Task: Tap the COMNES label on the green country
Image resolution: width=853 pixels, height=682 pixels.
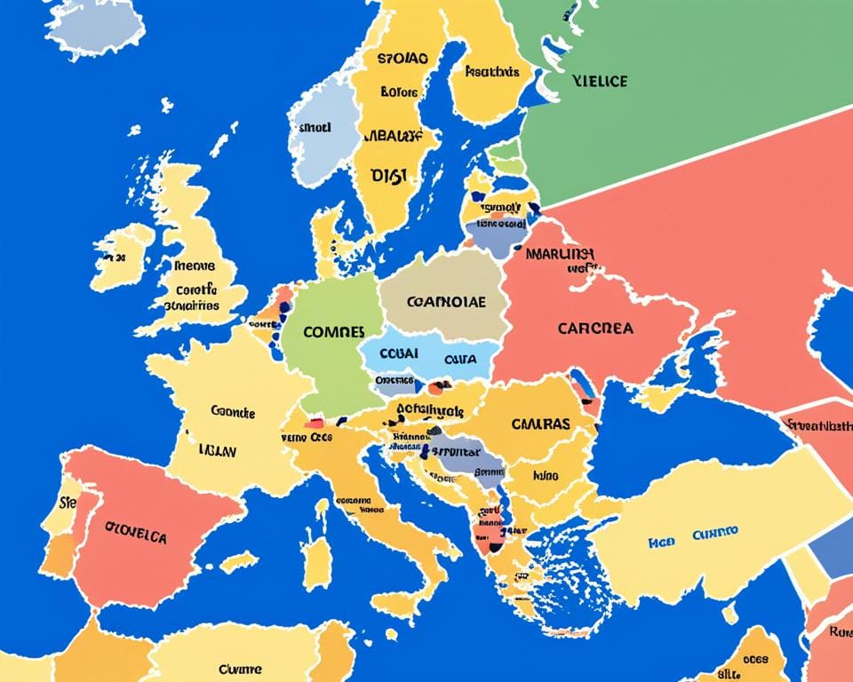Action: [x=333, y=331]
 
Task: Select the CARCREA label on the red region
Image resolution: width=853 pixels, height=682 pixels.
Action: [x=595, y=328]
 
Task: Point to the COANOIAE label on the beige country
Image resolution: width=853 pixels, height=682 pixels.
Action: [x=446, y=301]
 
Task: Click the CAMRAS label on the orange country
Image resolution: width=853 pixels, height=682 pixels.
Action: [x=540, y=424]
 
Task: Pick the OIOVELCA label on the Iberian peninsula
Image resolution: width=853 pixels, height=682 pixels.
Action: [x=136, y=536]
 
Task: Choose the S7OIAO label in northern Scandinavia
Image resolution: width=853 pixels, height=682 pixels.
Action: [x=401, y=60]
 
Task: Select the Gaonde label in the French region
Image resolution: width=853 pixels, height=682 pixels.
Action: [x=233, y=412]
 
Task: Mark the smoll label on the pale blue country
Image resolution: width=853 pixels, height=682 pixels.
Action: [x=315, y=127]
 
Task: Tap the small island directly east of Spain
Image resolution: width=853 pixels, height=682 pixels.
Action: [x=238, y=561]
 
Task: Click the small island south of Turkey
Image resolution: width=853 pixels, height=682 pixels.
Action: [x=729, y=614]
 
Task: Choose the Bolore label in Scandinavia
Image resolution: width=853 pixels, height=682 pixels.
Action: [x=398, y=91]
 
